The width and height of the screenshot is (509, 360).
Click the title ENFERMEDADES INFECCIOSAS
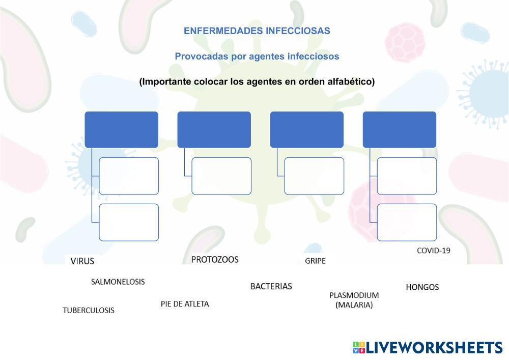[257, 31]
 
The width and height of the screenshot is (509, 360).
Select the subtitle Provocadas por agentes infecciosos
[257, 57]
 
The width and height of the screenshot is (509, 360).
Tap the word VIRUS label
[82, 261]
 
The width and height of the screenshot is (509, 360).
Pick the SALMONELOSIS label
[118, 282]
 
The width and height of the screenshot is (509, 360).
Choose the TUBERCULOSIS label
[89, 310]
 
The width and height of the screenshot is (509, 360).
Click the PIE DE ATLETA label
[185, 304]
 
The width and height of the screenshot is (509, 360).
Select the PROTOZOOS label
[215, 260]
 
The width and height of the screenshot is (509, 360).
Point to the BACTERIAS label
[271, 286]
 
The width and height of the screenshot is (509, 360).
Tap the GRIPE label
[315, 261]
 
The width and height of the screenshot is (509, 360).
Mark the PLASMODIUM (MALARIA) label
[354, 300]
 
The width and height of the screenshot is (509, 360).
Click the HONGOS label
[422, 287]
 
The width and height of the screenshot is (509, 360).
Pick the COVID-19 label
[433, 251]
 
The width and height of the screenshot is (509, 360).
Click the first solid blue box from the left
[121, 129]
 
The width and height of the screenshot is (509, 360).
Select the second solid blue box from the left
[214, 129]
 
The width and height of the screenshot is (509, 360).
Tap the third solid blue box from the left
[306, 129]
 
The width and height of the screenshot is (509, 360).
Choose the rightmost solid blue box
[399, 129]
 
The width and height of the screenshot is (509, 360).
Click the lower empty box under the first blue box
[129, 222]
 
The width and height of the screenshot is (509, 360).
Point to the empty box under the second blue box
[221, 176]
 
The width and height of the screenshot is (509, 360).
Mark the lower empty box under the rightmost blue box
[407, 222]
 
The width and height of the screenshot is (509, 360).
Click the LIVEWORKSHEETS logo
[428, 348]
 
